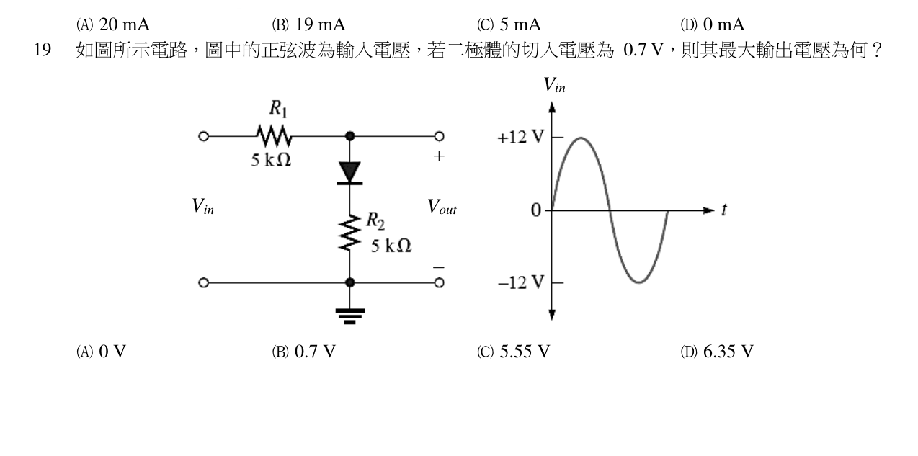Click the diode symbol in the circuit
pyautogui.click(x=349, y=172)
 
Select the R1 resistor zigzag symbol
pyautogui.click(x=274, y=136)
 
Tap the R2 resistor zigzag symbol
pyautogui.click(x=349, y=233)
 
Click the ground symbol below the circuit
pyautogui.click(x=349, y=316)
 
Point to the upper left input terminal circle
pyautogui.click(x=203, y=136)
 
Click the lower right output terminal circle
pyautogui.click(x=439, y=282)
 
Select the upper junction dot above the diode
pyautogui.click(x=349, y=136)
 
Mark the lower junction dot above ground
pyautogui.click(x=349, y=282)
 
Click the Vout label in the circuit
pyautogui.click(x=442, y=207)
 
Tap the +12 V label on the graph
pyautogui.click(x=520, y=138)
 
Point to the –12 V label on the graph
pyautogui.click(x=521, y=282)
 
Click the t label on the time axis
pyautogui.click(x=724, y=210)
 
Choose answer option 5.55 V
pyautogui.click(x=513, y=352)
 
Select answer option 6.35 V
pyautogui.click(x=717, y=352)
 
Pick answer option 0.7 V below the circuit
pyautogui.click(x=303, y=352)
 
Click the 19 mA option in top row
pyautogui.click(x=308, y=24)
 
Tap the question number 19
pyautogui.click(x=43, y=50)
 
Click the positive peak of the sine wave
pyautogui.click(x=581, y=138)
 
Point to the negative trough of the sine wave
pyautogui.click(x=639, y=282)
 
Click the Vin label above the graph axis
pyautogui.click(x=554, y=85)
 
